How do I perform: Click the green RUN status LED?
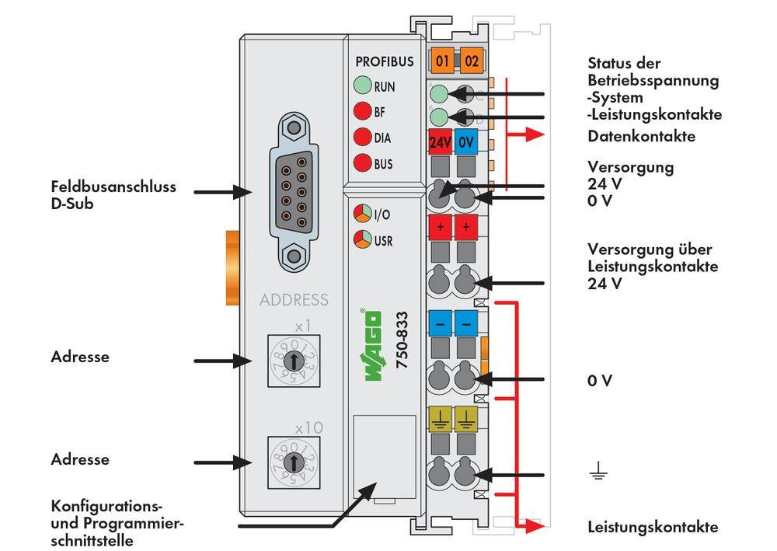click(x=362, y=86)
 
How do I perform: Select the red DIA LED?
click(x=362, y=138)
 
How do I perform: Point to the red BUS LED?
click(x=362, y=164)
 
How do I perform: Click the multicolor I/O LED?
click(x=362, y=214)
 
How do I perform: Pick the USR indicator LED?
click(x=362, y=239)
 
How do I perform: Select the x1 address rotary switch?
click(x=293, y=361)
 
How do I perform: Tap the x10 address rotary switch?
click(x=293, y=462)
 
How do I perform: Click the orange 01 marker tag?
click(x=443, y=61)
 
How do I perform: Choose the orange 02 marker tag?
click(x=471, y=61)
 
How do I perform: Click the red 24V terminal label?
click(x=441, y=143)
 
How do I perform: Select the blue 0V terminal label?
click(x=466, y=143)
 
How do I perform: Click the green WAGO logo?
click(x=373, y=345)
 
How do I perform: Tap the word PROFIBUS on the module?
click(x=385, y=61)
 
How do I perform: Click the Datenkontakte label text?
click(x=641, y=137)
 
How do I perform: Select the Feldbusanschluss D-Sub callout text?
click(x=113, y=194)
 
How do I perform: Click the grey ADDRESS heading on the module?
click(x=294, y=300)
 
